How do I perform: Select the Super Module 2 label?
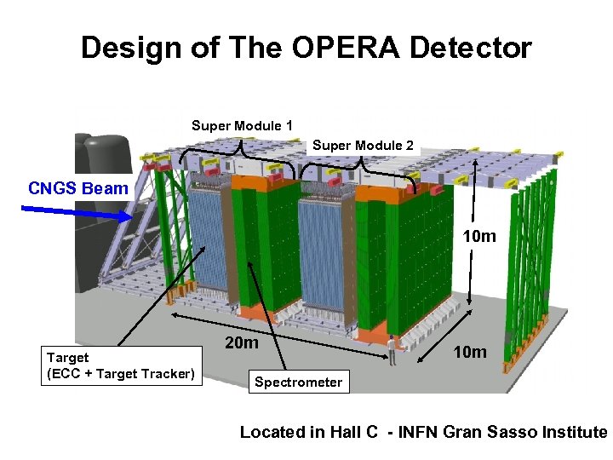click(x=363, y=146)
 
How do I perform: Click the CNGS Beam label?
click(x=77, y=188)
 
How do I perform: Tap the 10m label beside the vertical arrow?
click(x=478, y=236)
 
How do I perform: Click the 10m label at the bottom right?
click(x=469, y=352)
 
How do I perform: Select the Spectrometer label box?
click(x=298, y=382)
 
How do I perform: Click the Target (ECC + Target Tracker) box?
click(x=121, y=365)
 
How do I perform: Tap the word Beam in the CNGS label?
click(x=106, y=188)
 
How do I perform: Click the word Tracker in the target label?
click(x=169, y=373)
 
